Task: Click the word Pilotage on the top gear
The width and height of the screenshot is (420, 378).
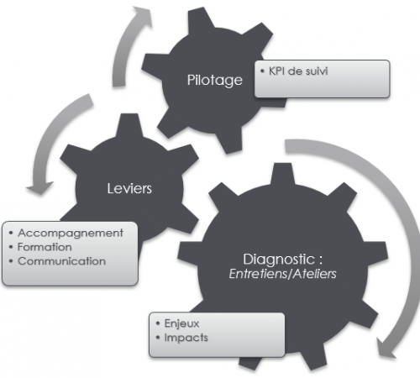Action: tap(215, 81)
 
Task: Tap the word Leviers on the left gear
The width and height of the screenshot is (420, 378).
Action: tap(129, 188)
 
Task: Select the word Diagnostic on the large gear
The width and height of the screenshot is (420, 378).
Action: tap(279, 259)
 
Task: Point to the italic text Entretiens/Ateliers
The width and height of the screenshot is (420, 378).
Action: tap(282, 274)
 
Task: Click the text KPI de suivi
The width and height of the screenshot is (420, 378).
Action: tap(298, 71)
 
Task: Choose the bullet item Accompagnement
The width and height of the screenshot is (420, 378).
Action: tap(71, 234)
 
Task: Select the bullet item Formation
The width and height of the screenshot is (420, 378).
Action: tap(45, 247)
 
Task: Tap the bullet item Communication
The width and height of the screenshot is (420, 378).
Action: tap(61, 261)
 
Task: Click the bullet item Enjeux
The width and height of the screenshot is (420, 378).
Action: tap(181, 323)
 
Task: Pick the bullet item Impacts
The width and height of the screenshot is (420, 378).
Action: tap(186, 338)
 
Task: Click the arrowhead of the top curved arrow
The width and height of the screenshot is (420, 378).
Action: tap(143, 16)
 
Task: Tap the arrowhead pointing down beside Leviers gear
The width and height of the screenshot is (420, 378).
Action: tap(39, 188)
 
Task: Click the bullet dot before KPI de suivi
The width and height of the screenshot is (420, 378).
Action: tap(262, 71)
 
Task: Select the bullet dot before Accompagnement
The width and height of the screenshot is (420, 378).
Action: tap(11, 233)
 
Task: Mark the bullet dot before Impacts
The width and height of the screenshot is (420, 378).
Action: tap(158, 338)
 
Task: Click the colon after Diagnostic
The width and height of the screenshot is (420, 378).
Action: tap(320, 260)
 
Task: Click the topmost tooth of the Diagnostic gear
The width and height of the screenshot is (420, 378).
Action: tap(283, 174)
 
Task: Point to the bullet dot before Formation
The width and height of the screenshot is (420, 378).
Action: tap(11, 247)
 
